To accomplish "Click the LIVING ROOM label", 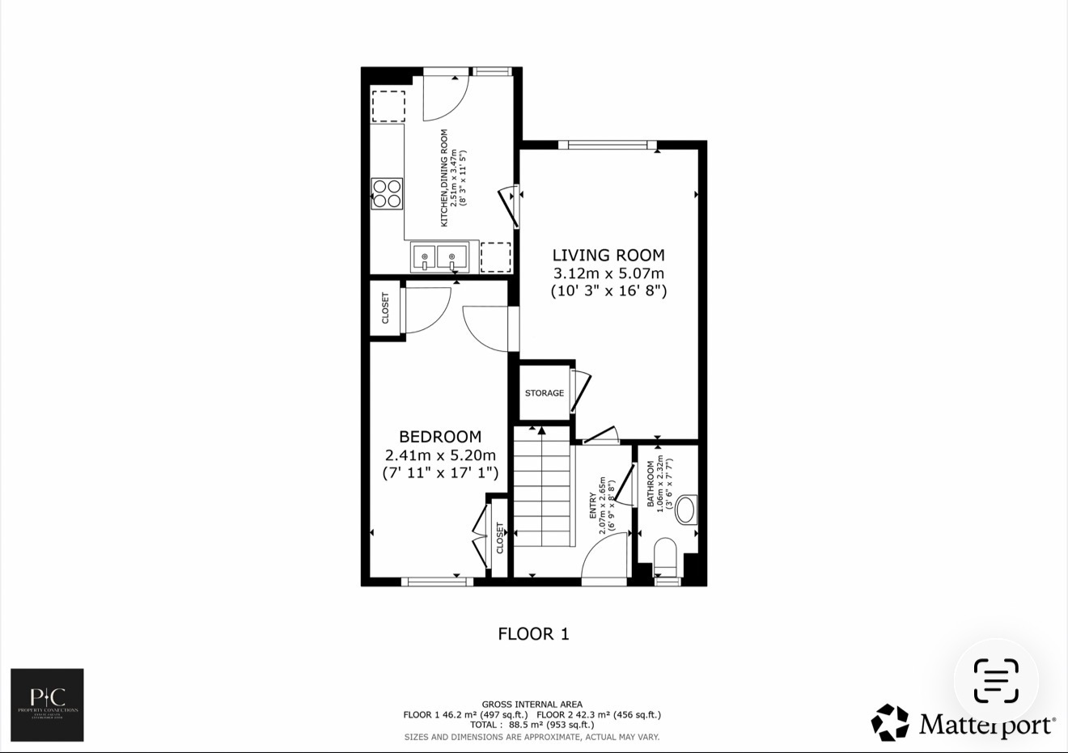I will pos(608,256).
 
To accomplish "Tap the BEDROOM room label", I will pos(439,437).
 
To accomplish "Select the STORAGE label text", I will pos(545,393).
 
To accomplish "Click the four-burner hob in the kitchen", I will pos(387,193).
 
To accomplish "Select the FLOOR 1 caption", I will pos(533,634).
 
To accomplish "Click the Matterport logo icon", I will pos(889,722).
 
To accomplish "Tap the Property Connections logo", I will pos(47,704).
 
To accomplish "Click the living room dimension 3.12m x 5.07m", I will pos(608,273).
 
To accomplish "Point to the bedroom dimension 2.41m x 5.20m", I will pos(440,455).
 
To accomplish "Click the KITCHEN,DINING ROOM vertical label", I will pos(444,178).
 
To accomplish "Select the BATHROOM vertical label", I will pos(651,484).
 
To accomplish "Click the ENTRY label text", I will pos(593,506).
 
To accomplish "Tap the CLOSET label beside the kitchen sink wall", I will pos(385,308).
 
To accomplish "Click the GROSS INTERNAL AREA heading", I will pos(532,704).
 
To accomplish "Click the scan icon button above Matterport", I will pos(996,681).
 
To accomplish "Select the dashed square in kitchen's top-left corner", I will pos(388,106).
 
